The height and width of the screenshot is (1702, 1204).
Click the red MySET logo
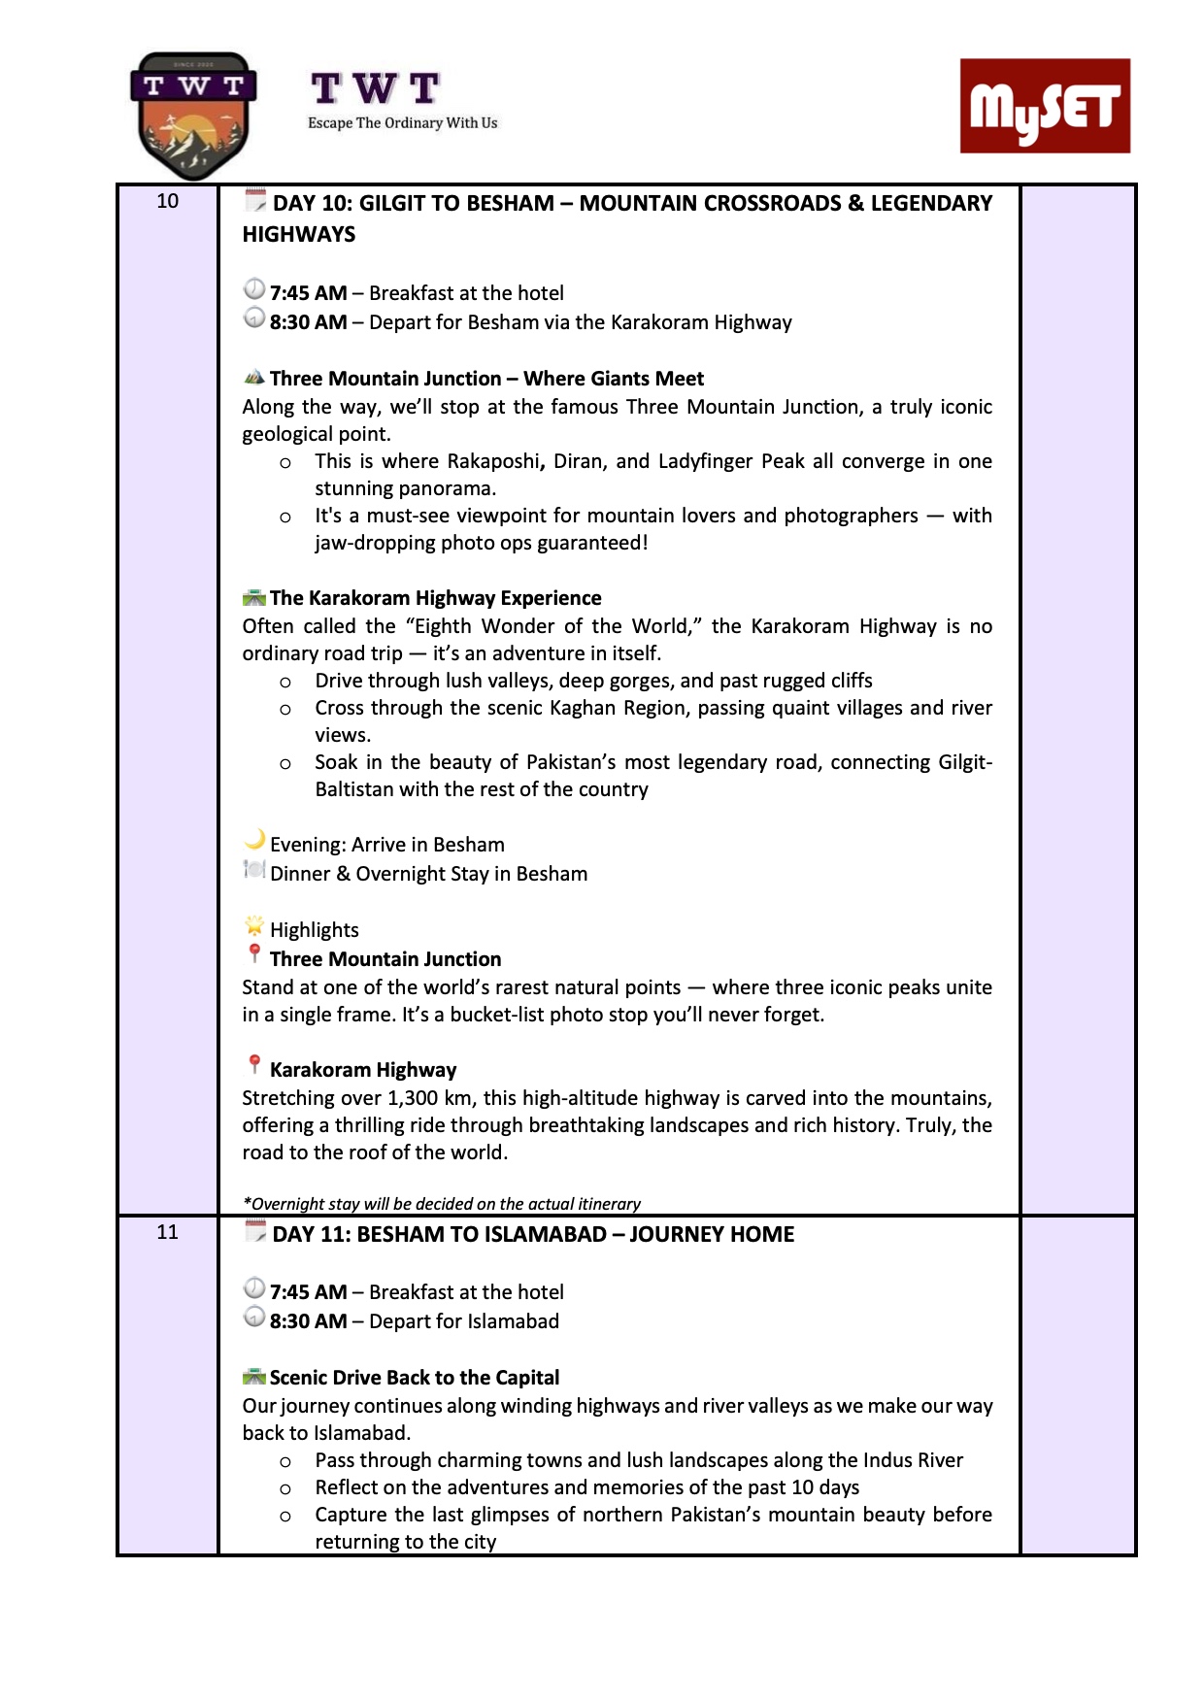[1045, 106]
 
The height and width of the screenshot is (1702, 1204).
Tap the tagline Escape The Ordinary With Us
[402, 123]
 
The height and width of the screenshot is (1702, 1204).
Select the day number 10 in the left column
[168, 201]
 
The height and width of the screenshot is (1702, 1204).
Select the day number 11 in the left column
[168, 1232]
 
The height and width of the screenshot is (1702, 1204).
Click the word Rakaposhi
[492, 461]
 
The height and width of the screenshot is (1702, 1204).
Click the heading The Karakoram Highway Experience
[435, 598]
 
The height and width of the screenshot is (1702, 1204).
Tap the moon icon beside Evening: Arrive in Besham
[254, 840]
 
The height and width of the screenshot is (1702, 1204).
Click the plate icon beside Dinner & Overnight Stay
[254, 870]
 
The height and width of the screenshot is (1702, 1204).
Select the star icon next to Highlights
[254, 925]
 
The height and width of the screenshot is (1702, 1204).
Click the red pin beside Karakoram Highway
[254, 1065]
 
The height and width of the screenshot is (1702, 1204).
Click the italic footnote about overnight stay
[442, 1204]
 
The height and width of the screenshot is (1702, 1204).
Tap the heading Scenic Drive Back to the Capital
[415, 1378]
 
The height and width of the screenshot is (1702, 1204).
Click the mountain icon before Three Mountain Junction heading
[254, 377]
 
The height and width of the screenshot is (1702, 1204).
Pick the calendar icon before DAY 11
[254, 1232]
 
